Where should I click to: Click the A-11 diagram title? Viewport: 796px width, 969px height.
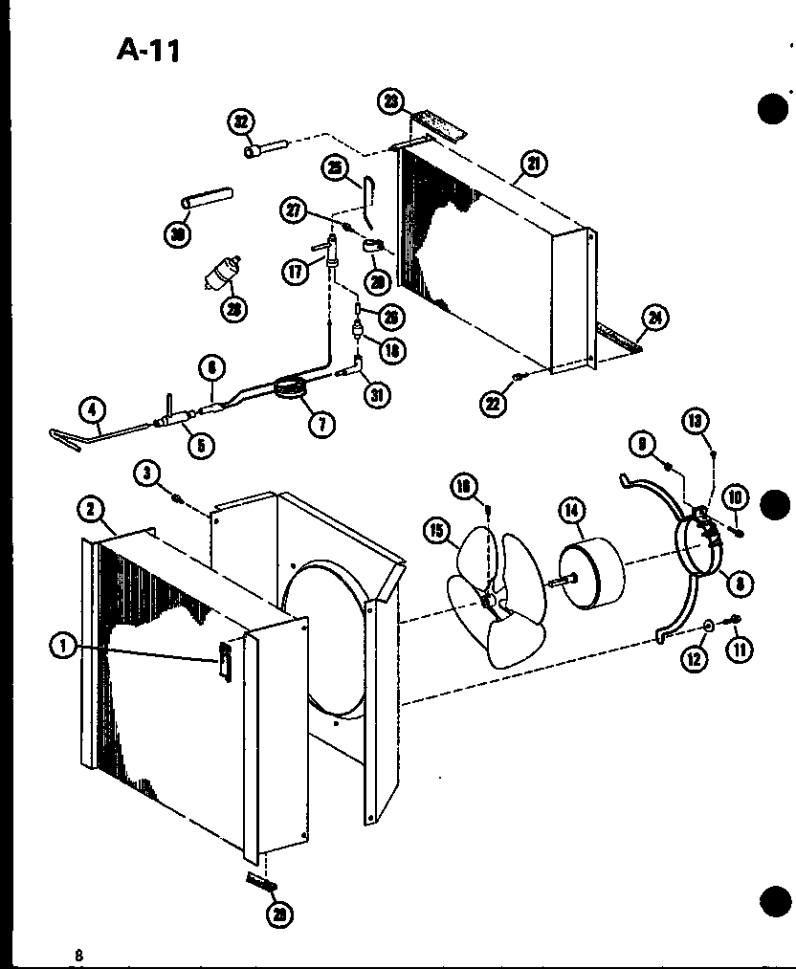click(147, 49)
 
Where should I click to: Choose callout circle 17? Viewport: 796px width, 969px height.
click(294, 272)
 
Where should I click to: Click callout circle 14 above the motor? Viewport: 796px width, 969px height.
click(572, 511)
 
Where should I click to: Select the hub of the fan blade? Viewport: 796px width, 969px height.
click(491, 600)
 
